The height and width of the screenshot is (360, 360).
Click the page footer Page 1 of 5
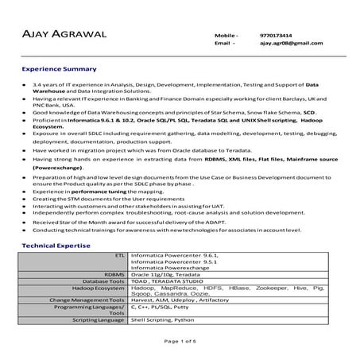pyautogui.click(x=180, y=343)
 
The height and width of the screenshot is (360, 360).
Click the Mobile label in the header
pyautogui.click(x=226, y=35)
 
